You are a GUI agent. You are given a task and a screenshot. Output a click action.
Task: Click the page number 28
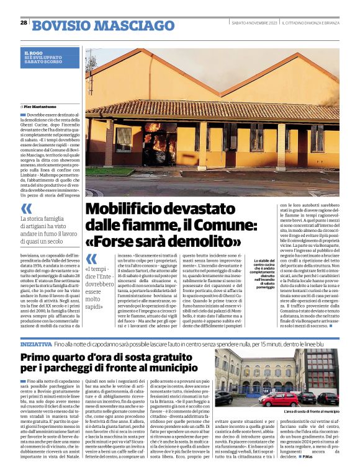tap(24, 22)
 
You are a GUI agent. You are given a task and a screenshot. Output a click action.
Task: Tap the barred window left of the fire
tap(123, 139)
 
